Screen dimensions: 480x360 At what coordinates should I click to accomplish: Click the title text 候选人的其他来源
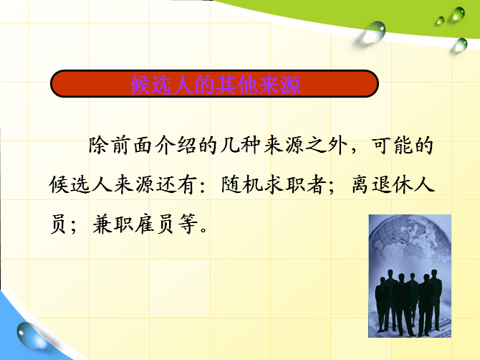click(215, 85)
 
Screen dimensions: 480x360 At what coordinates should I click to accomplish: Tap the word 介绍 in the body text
click(176, 145)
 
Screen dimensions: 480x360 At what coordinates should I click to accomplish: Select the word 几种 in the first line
click(241, 145)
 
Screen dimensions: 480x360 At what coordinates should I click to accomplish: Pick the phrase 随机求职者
click(274, 185)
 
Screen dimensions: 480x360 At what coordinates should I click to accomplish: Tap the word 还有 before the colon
click(177, 185)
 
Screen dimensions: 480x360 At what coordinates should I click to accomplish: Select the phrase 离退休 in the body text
click(383, 185)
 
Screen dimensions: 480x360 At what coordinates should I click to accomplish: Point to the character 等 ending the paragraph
click(188, 224)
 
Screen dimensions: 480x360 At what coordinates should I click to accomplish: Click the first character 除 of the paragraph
click(99, 145)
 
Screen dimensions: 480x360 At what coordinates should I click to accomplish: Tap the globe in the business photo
click(411, 242)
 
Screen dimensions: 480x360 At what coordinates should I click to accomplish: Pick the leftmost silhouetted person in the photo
click(381, 304)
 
